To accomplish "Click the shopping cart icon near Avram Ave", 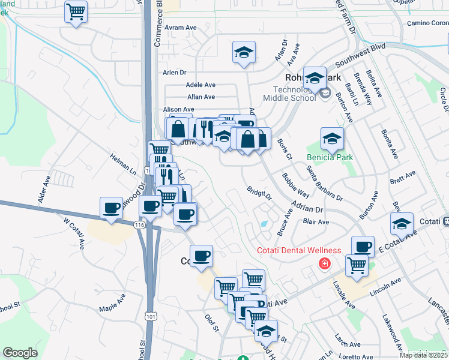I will click(76, 11).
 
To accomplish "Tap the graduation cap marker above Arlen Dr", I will click(244, 52).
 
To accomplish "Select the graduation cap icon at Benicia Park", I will click(332, 139).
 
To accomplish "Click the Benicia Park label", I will click(330, 158).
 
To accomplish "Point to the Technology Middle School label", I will click(291, 93).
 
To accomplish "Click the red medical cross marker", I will click(325, 263).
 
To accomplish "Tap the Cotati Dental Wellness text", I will click(299, 250).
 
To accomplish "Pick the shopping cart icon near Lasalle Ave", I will click(357, 266).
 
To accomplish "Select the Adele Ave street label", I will click(200, 85).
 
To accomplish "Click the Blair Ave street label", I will click(316, 221).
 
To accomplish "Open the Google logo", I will click(20, 353).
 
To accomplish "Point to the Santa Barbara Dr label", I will click(324, 184).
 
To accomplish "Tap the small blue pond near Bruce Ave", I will click(264, 224).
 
